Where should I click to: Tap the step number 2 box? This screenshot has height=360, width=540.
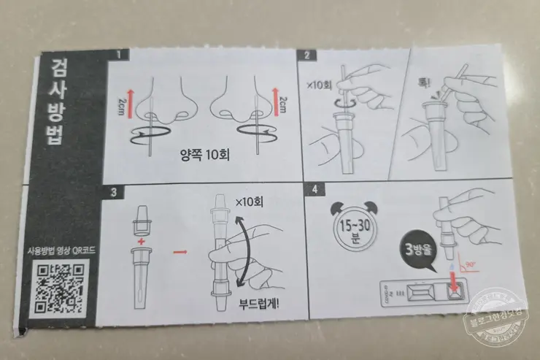(308, 55)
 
